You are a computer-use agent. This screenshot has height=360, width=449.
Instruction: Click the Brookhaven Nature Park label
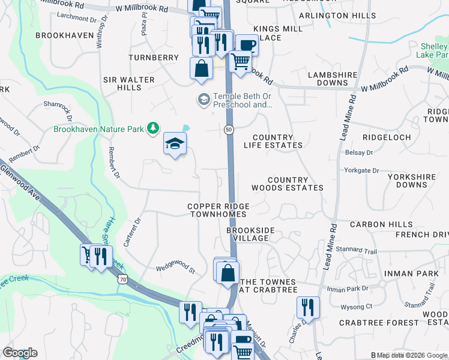pyautogui.click(x=100, y=128)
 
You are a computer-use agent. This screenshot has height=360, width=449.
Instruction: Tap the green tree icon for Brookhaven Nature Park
pyautogui.click(x=154, y=127)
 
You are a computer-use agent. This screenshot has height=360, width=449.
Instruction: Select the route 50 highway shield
pyautogui.click(x=229, y=130)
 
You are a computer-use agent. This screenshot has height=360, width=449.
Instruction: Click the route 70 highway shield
pyautogui.click(x=123, y=279)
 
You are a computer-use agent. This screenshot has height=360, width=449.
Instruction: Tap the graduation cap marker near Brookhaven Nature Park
pyautogui.click(x=175, y=143)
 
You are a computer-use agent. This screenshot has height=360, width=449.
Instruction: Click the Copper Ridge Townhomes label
pyautogui.click(x=217, y=210)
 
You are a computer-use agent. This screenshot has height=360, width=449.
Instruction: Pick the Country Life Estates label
pyautogui.click(x=273, y=141)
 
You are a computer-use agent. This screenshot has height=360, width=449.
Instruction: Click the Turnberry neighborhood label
pyautogui.click(x=154, y=58)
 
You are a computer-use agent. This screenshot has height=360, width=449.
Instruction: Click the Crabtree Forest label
pyautogui.click(x=378, y=323)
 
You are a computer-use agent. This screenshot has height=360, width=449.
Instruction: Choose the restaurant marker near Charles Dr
pyautogui.click(x=308, y=307)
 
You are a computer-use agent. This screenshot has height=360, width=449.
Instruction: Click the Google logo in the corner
pyautogui.click(x=20, y=353)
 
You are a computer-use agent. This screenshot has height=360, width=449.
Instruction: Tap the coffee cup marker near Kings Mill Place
pyautogui.click(x=246, y=44)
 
